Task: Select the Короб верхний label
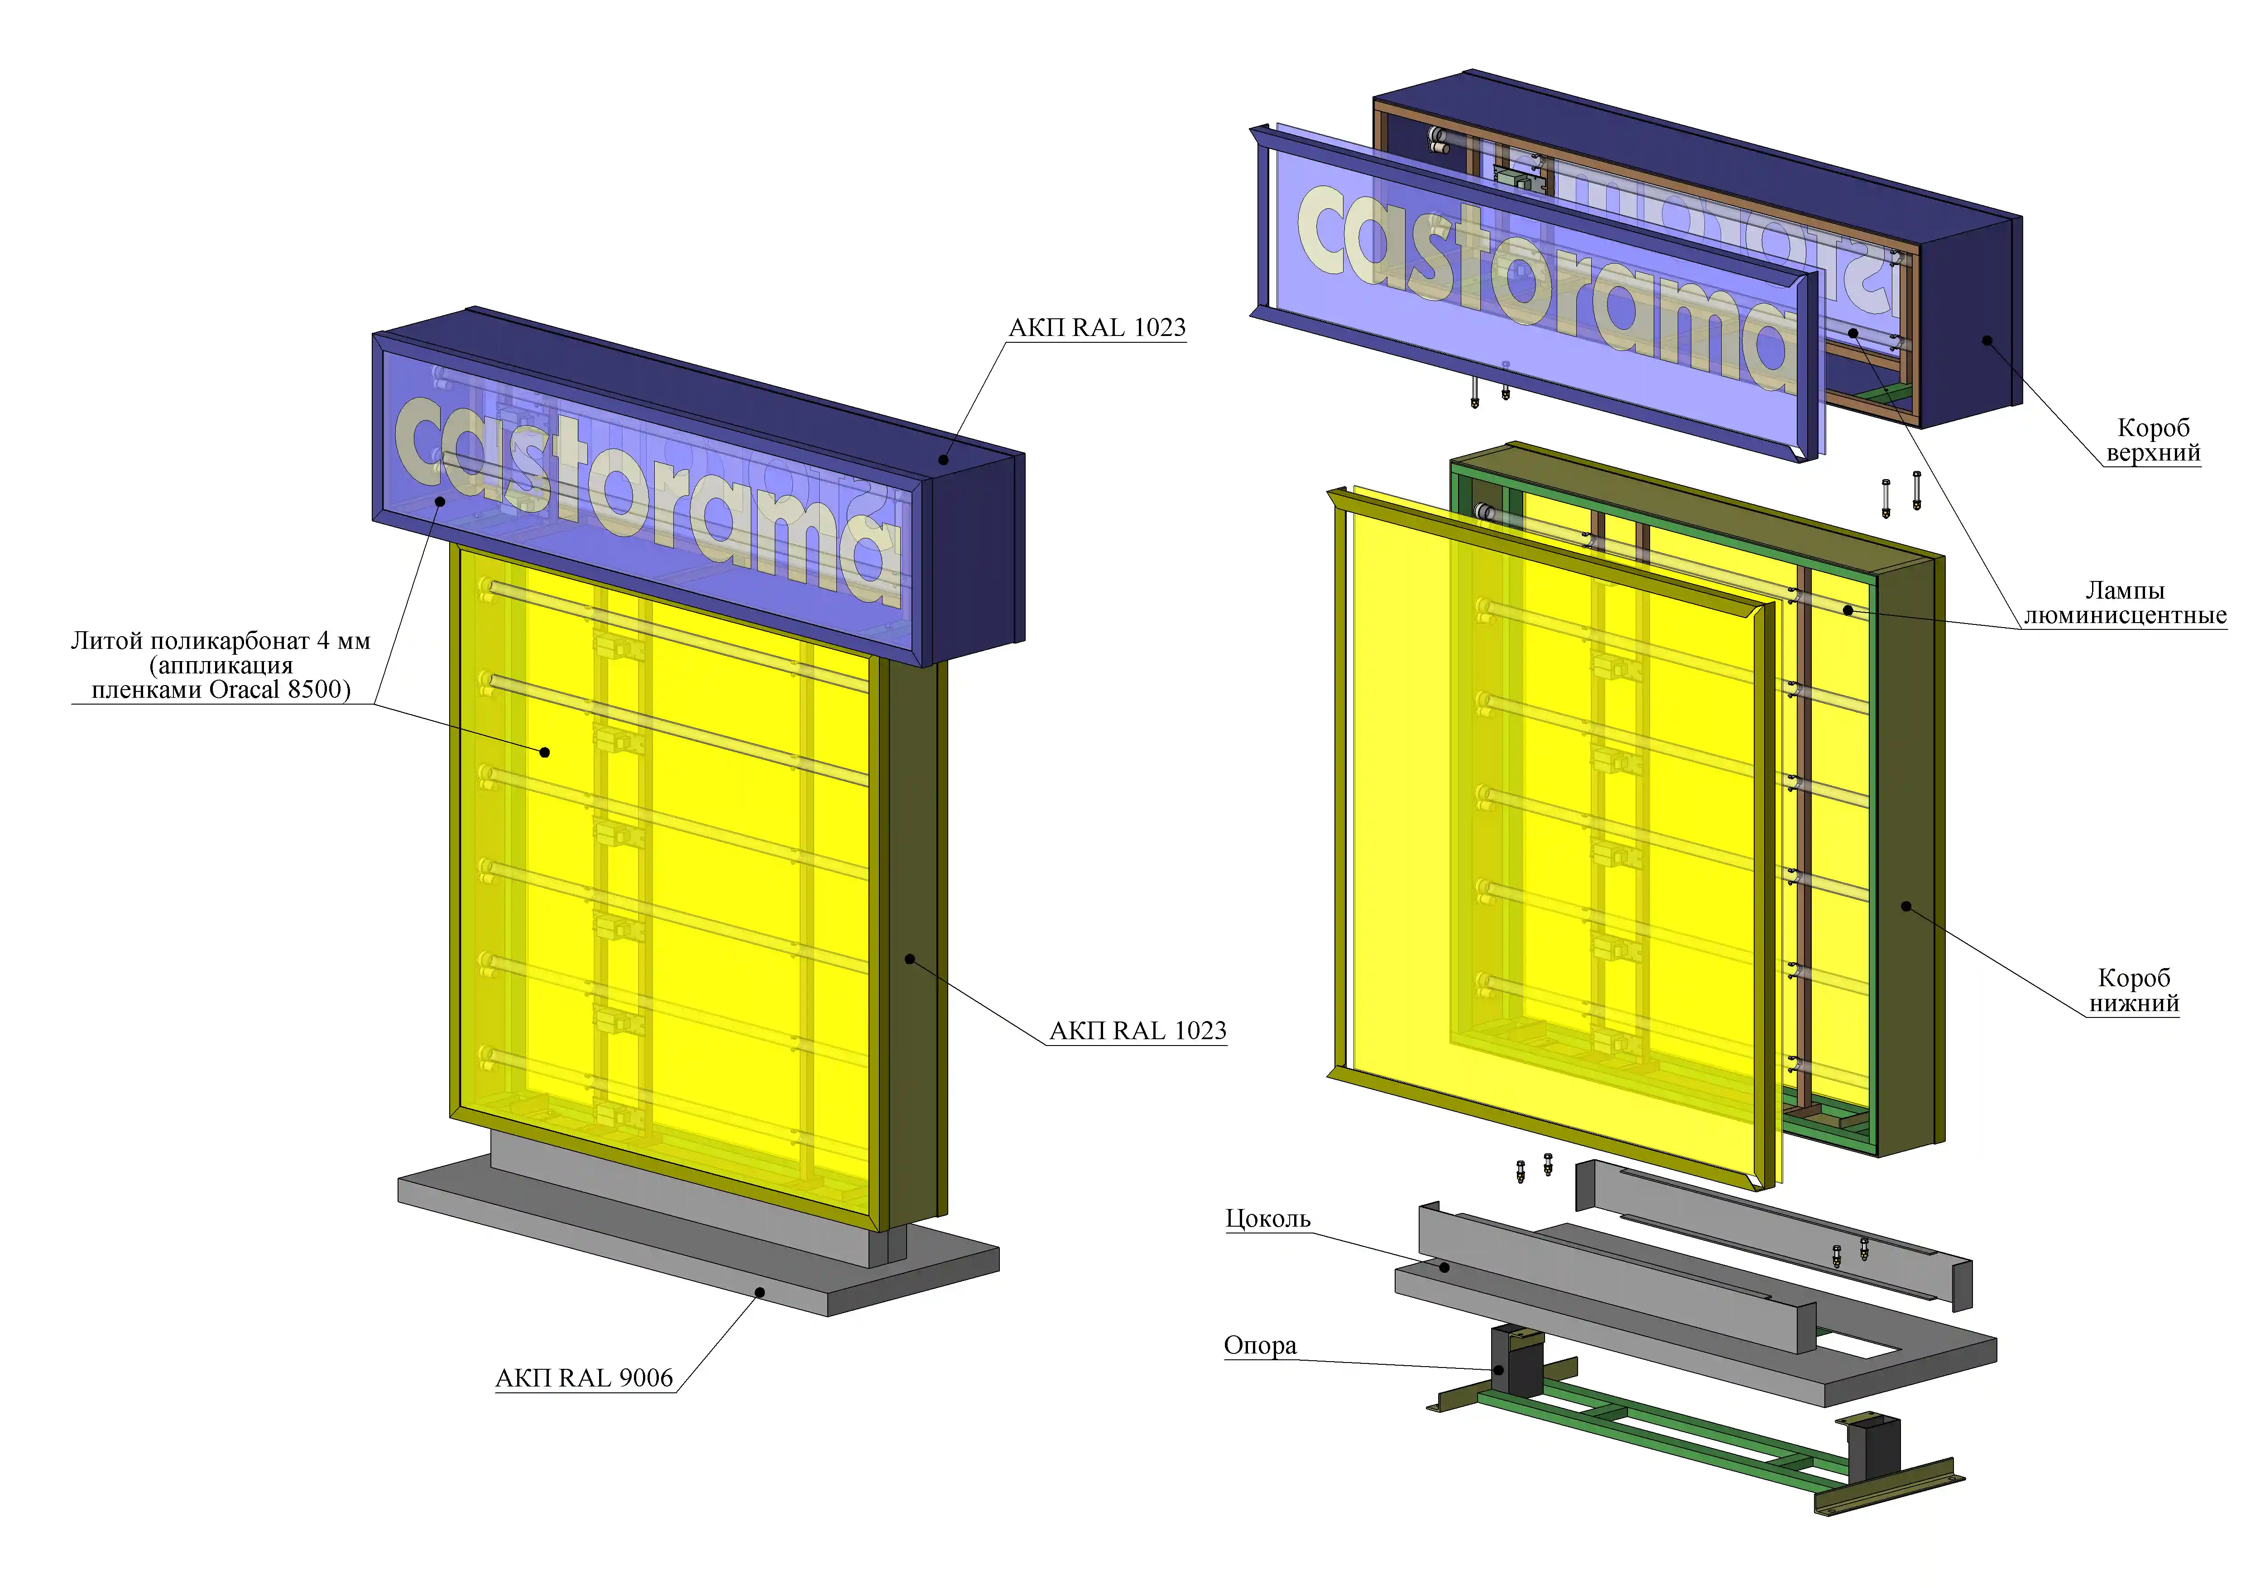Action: [2153, 440]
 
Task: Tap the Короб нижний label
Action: [2135, 990]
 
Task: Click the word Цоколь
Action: [1268, 1218]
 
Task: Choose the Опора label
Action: [1260, 1345]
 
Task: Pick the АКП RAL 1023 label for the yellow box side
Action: [1137, 1030]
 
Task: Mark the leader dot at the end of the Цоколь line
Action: [1444, 1267]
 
